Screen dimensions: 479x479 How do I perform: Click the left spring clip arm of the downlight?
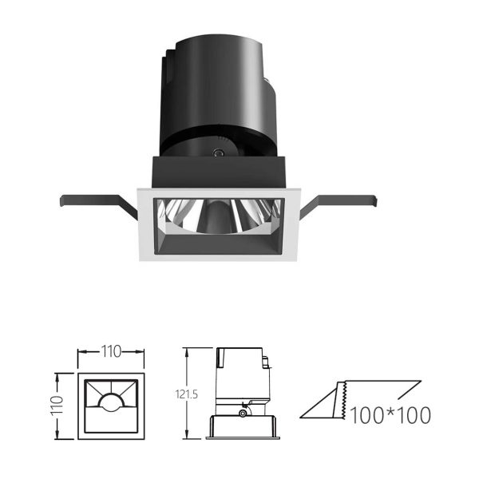coord(97,202)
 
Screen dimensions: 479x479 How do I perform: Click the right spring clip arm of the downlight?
coord(339,202)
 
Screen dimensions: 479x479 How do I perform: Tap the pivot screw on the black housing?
coord(218,152)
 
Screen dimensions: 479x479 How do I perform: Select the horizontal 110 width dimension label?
coord(111,351)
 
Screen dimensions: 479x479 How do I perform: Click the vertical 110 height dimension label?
coord(57,405)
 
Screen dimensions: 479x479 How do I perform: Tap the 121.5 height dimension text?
coord(186,394)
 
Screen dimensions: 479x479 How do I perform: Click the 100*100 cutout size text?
coord(390,415)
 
